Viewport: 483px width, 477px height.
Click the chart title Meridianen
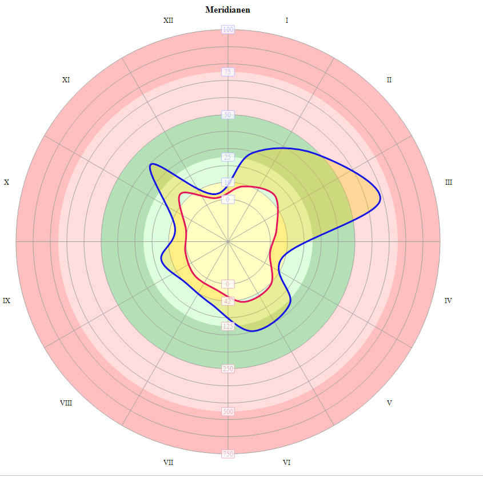(227, 10)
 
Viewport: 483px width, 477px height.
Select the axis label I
(287, 21)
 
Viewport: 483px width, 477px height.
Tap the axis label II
(389, 79)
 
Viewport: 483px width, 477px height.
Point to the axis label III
(449, 182)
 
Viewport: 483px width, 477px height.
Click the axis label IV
(449, 300)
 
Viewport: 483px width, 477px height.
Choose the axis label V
(389, 403)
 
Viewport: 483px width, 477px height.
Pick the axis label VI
(286, 462)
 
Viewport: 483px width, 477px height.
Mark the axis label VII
(168, 462)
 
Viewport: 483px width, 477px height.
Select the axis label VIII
(66, 403)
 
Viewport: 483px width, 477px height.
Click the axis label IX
(6, 300)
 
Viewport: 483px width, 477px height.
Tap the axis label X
(7, 182)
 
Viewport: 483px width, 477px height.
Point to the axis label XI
(66, 80)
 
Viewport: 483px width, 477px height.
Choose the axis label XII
(168, 21)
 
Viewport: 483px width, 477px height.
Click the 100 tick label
(228, 30)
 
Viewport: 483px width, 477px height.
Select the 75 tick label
(228, 72)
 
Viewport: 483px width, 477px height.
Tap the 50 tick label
(228, 115)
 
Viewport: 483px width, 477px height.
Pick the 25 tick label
(228, 157)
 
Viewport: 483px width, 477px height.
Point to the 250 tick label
(228, 369)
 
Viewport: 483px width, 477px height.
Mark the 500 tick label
(228, 411)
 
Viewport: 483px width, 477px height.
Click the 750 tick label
(228, 454)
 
